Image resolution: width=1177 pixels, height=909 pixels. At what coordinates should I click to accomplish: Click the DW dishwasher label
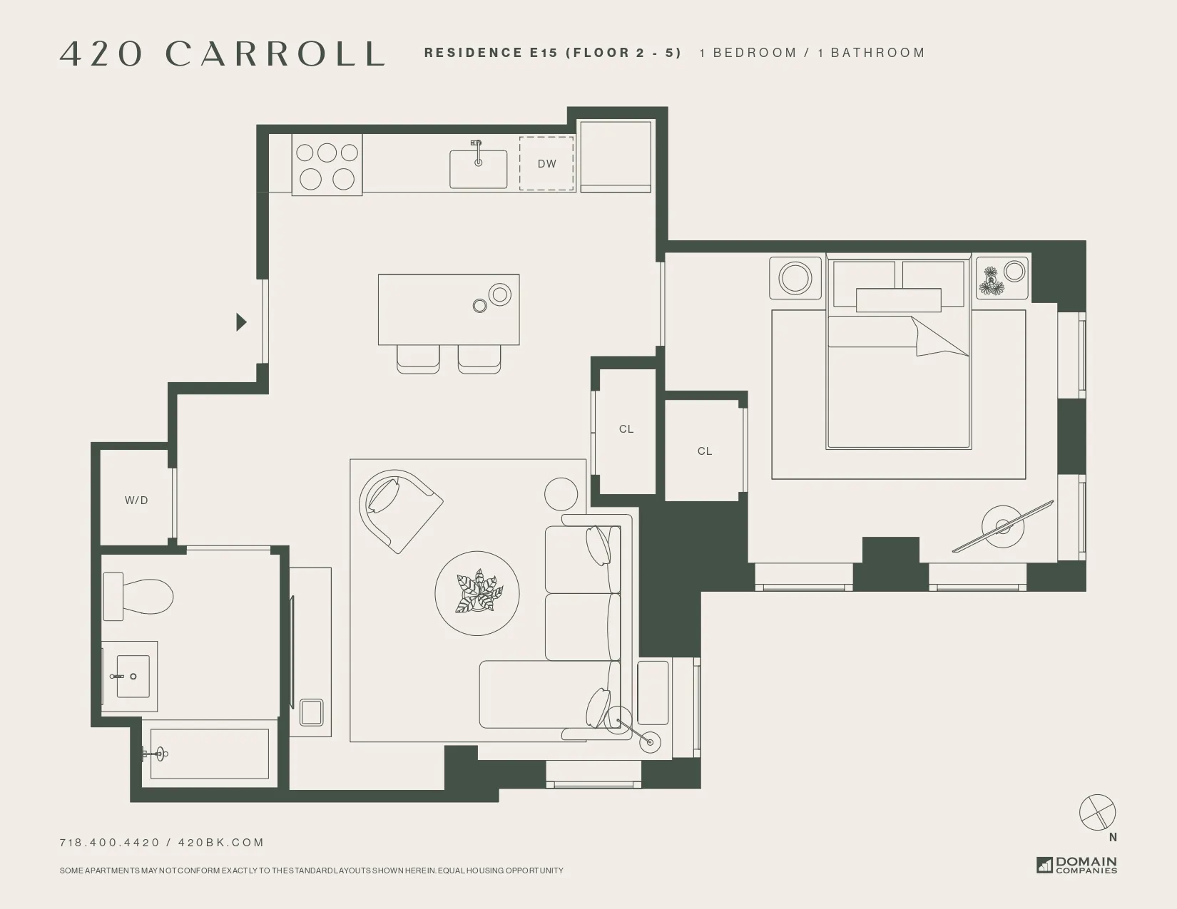(x=546, y=164)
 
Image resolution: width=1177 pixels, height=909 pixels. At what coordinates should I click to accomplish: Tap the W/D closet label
(x=136, y=500)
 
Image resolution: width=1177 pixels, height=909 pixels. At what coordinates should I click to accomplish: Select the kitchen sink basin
(x=478, y=170)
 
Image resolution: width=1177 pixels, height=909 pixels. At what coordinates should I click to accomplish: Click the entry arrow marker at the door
(x=241, y=322)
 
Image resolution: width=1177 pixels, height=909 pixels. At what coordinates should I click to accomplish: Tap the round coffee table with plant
(x=477, y=593)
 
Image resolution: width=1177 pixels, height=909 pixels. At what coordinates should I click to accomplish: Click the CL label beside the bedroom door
(x=705, y=451)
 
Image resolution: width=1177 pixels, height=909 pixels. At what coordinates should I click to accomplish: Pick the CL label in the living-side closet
(x=626, y=429)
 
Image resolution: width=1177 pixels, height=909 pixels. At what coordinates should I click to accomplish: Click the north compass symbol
(x=1097, y=813)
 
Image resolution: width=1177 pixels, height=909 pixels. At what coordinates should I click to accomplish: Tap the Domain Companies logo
(x=1077, y=865)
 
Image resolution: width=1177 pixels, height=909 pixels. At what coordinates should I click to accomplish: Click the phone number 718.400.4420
(x=110, y=843)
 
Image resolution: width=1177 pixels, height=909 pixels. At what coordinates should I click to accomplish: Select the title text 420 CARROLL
(x=223, y=54)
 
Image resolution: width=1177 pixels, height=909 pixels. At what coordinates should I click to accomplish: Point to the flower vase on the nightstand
(x=991, y=280)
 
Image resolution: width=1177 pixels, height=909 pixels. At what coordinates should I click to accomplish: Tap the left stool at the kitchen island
(x=418, y=359)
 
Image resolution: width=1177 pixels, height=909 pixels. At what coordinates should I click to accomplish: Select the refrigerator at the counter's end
(x=615, y=156)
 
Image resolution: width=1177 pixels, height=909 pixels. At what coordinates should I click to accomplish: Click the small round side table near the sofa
(x=561, y=493)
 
